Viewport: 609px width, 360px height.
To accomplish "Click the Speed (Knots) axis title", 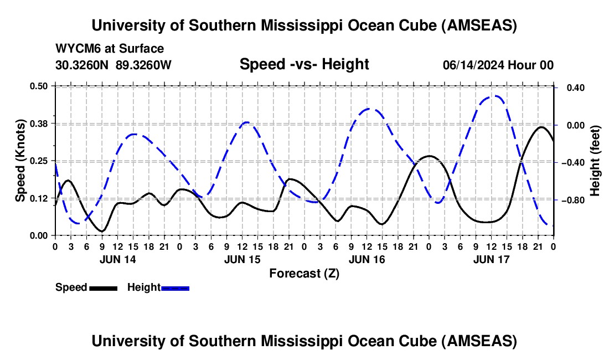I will (20, 161).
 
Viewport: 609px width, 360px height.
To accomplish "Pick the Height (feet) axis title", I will (595, 161).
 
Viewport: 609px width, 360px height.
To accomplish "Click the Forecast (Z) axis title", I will (304, 273).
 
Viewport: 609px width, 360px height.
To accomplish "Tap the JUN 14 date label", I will (117, 259).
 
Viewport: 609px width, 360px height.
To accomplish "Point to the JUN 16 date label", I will (366, 259).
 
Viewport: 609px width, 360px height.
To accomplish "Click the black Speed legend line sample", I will (103, 287).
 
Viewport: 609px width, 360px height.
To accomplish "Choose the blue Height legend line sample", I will (175, 287).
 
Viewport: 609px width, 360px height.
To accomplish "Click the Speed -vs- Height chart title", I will (304, 64).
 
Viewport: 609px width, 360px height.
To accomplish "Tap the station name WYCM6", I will (78, 49).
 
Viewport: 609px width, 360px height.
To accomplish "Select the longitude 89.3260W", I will (143, 65).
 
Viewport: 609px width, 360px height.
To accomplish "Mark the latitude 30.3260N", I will (83, 65).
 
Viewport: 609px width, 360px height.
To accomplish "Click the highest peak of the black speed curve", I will (541, 127).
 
